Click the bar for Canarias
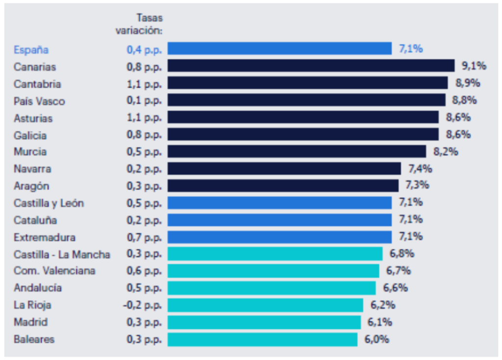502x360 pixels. pos(311,66)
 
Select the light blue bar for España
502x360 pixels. pos(279,48)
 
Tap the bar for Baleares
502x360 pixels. pos(262,339)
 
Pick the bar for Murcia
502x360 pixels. pos(297,151)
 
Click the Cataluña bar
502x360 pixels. pos(279,219)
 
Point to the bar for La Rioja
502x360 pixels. pos(265,305)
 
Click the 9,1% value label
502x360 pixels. pos(474,66)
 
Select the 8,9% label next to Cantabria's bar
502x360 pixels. pos(468,83)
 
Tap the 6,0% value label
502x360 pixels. pos(376,339)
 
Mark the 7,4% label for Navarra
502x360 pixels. pos(420,169)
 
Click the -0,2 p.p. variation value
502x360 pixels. pos(142,305)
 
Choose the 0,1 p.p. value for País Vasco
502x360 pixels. pos(144,101)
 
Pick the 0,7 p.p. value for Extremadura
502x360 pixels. pos(144,237)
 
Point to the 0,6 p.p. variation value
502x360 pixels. pos(144,271)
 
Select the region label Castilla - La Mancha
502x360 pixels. pos(62,254)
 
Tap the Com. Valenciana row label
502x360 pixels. pos(54,271)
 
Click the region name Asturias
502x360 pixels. pos(33,118)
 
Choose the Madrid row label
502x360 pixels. pos(30,322)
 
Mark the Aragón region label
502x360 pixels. pos(31,186)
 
